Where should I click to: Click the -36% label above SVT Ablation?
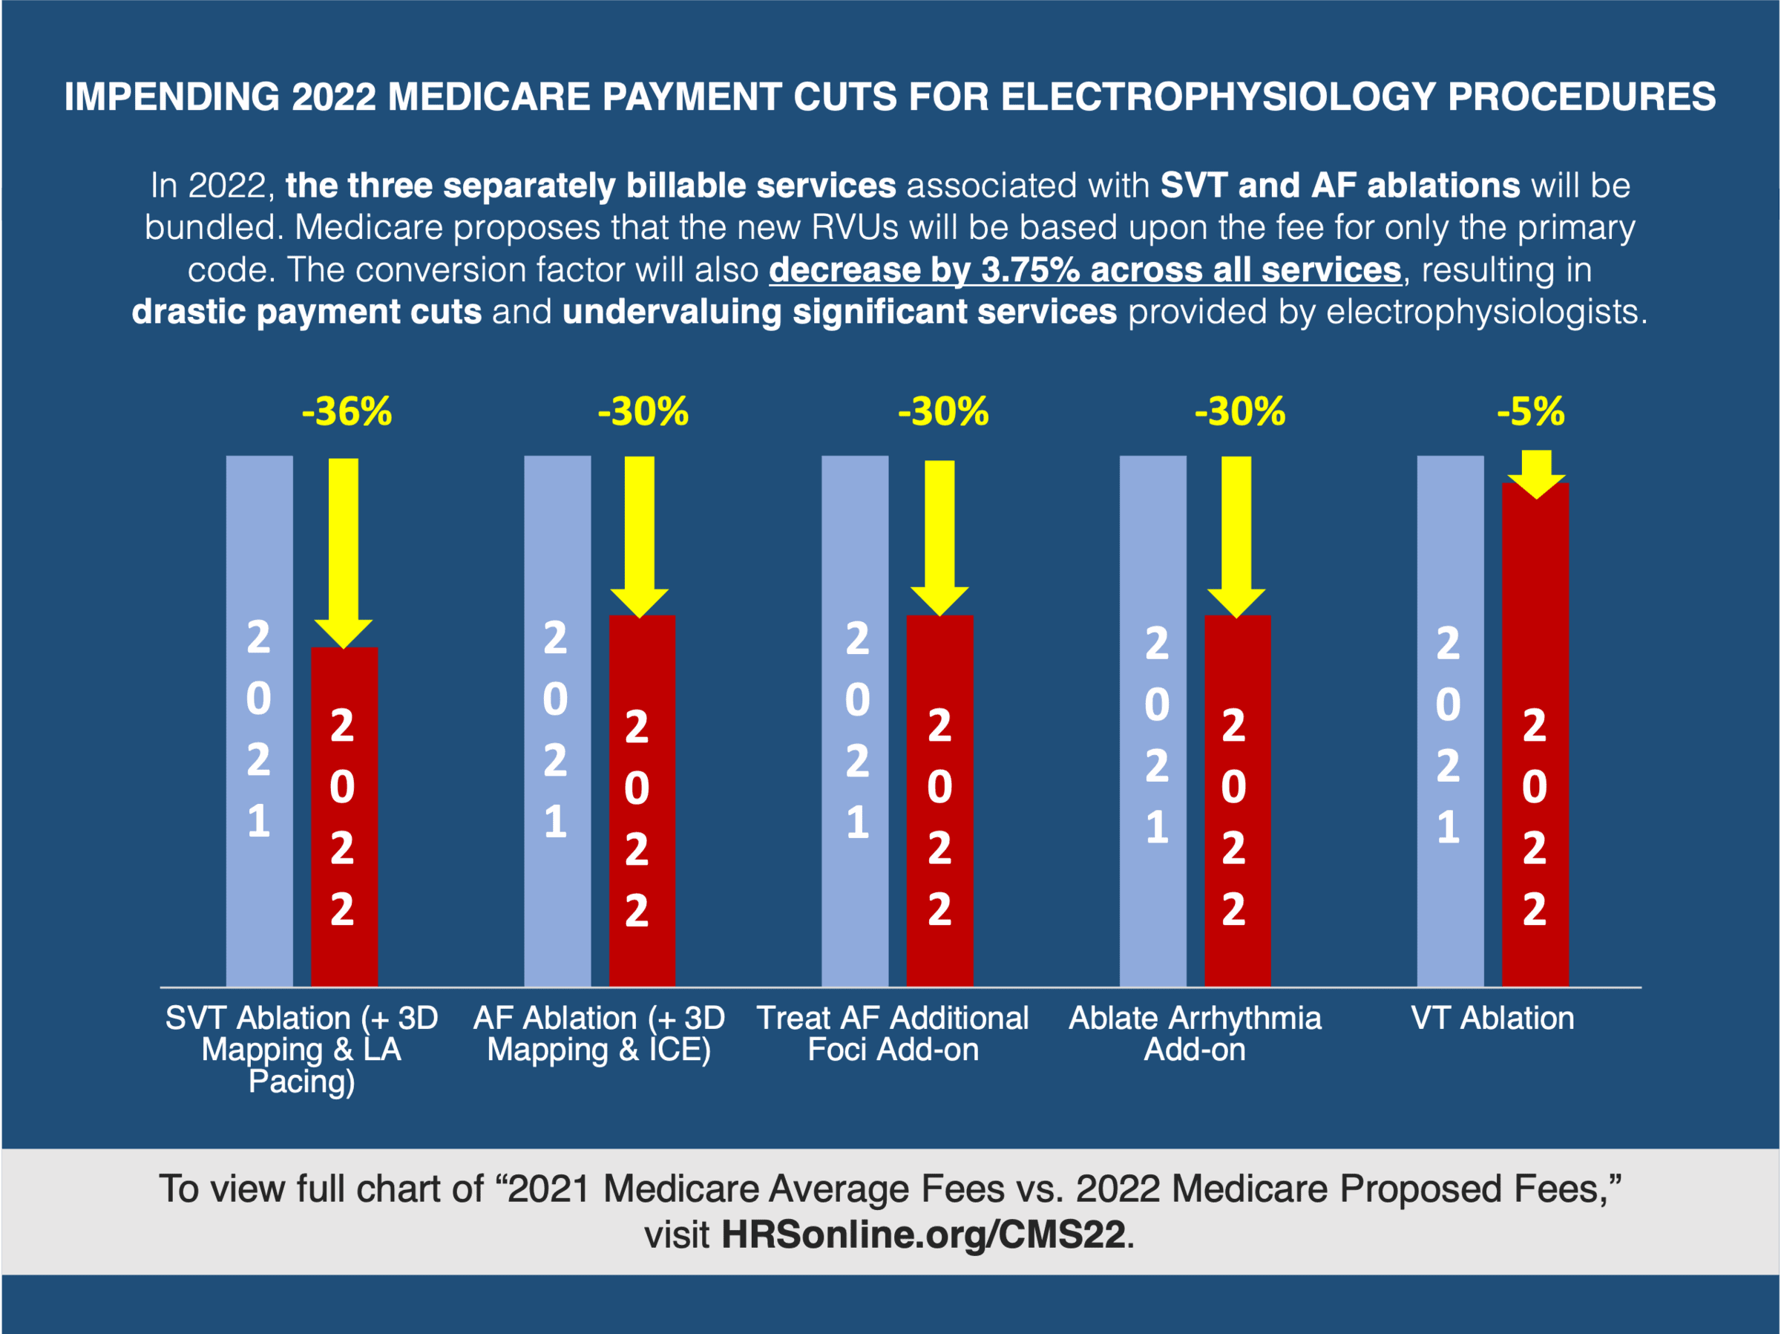347,412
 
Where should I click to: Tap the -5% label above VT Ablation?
1531,412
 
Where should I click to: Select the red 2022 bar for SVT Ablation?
344,815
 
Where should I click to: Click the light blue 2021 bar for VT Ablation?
1450,721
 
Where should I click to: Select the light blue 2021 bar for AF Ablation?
557,721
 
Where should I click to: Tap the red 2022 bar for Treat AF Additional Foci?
939,800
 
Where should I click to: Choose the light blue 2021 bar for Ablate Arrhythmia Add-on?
1153,721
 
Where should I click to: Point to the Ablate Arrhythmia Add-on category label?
1195,1033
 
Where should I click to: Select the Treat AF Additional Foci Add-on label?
893,1033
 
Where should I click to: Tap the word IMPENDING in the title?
171,97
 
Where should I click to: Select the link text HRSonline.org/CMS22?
922,1234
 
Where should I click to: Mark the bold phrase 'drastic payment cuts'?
306,312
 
